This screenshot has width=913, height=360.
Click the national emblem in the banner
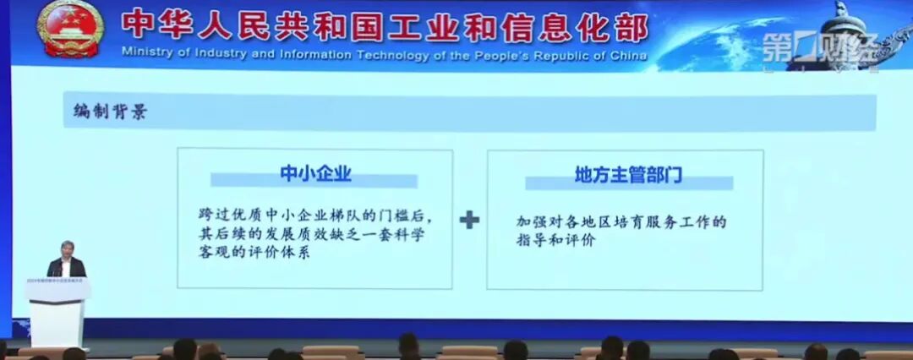69,30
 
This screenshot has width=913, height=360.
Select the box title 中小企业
315,175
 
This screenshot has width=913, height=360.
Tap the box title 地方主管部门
628,177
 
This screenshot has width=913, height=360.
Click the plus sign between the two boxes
469,220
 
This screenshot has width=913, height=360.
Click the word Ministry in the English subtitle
146,56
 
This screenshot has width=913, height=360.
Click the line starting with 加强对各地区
622,221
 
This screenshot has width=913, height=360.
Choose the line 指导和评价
556,241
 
